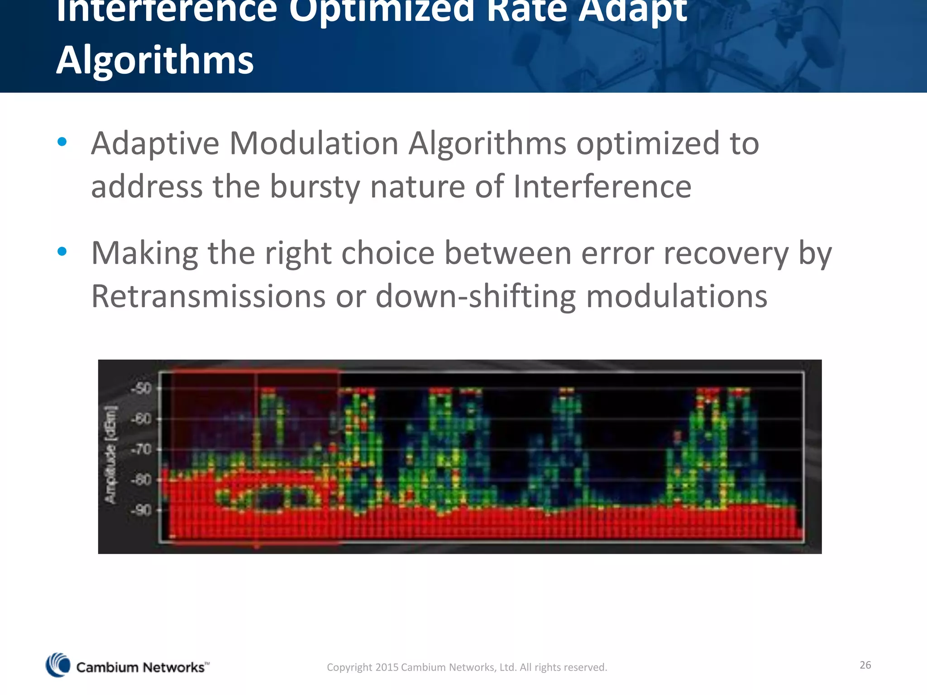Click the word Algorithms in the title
[x=155, y=61]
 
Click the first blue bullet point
[x=62, y=143]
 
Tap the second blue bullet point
[x=62, y=252]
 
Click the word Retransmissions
[x=208, y=297]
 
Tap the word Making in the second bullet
[x=144, y=253]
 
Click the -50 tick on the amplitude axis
[x=142, y=389]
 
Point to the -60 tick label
[x=142, y=419]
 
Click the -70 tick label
[x=142, y=450]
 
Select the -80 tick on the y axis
[x=142, y=480]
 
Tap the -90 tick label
[x=142, y=510]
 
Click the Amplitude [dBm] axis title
[x=111, y=455]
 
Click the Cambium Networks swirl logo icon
[x=58, y=665]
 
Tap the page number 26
[x=865, y=665]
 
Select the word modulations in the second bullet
[x=677, y=297]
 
